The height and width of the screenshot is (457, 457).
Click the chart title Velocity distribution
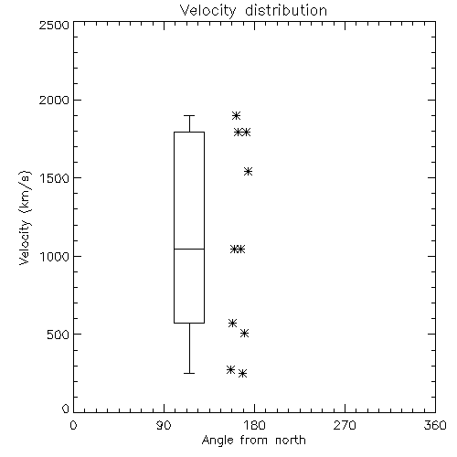(x=253, y=11)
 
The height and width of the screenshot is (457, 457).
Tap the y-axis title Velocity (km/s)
(x=25, y=218)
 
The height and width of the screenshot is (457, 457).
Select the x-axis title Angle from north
(x=253, y=441)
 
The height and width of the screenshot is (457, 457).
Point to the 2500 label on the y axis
(x=54, y=25)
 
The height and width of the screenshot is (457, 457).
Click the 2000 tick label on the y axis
(x=54, y=100)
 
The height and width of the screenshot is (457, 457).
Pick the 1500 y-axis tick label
(x=55, y=178)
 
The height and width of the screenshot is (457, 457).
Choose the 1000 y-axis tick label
(x=55, y=256)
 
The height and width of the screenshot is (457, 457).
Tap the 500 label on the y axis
(x=58, y=335)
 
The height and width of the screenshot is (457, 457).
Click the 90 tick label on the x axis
(x=164, y=425)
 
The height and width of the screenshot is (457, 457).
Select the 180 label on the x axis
(x=254, y=425)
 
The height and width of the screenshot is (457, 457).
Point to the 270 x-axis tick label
(x=345, y=425)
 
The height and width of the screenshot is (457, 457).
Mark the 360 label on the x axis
(x=435, y=425)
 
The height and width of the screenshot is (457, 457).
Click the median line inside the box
(x=189, y=249)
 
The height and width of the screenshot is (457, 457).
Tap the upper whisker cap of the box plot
(x=189, y=116)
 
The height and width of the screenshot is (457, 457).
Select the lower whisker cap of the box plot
(x=189, y=373)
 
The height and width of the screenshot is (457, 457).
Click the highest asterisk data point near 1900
(x=236, y=116)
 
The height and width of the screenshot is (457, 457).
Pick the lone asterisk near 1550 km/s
(x=249, y=171)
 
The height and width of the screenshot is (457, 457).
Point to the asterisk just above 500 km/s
(x=244, y=334)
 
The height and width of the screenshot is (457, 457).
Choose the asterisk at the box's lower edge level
(x=232, y=323)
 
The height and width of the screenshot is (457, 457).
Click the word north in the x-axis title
(x=291, y=441)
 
